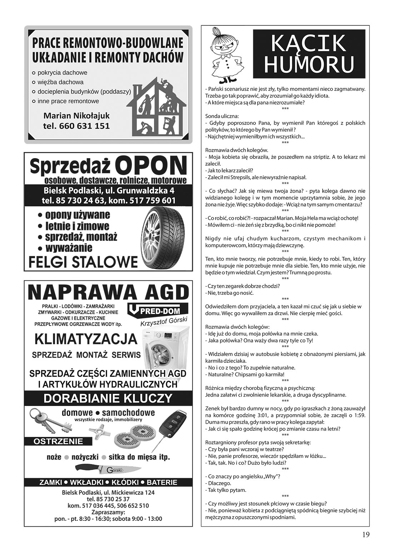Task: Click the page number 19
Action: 365,534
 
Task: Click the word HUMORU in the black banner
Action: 309,65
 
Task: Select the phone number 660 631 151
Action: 76,126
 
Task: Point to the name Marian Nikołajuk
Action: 76,116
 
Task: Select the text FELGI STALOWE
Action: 83,262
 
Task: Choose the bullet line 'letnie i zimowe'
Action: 77,226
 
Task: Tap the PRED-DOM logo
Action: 154,310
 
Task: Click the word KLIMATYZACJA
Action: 86,338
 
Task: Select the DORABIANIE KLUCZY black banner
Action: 108,398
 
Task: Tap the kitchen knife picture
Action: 108,469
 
